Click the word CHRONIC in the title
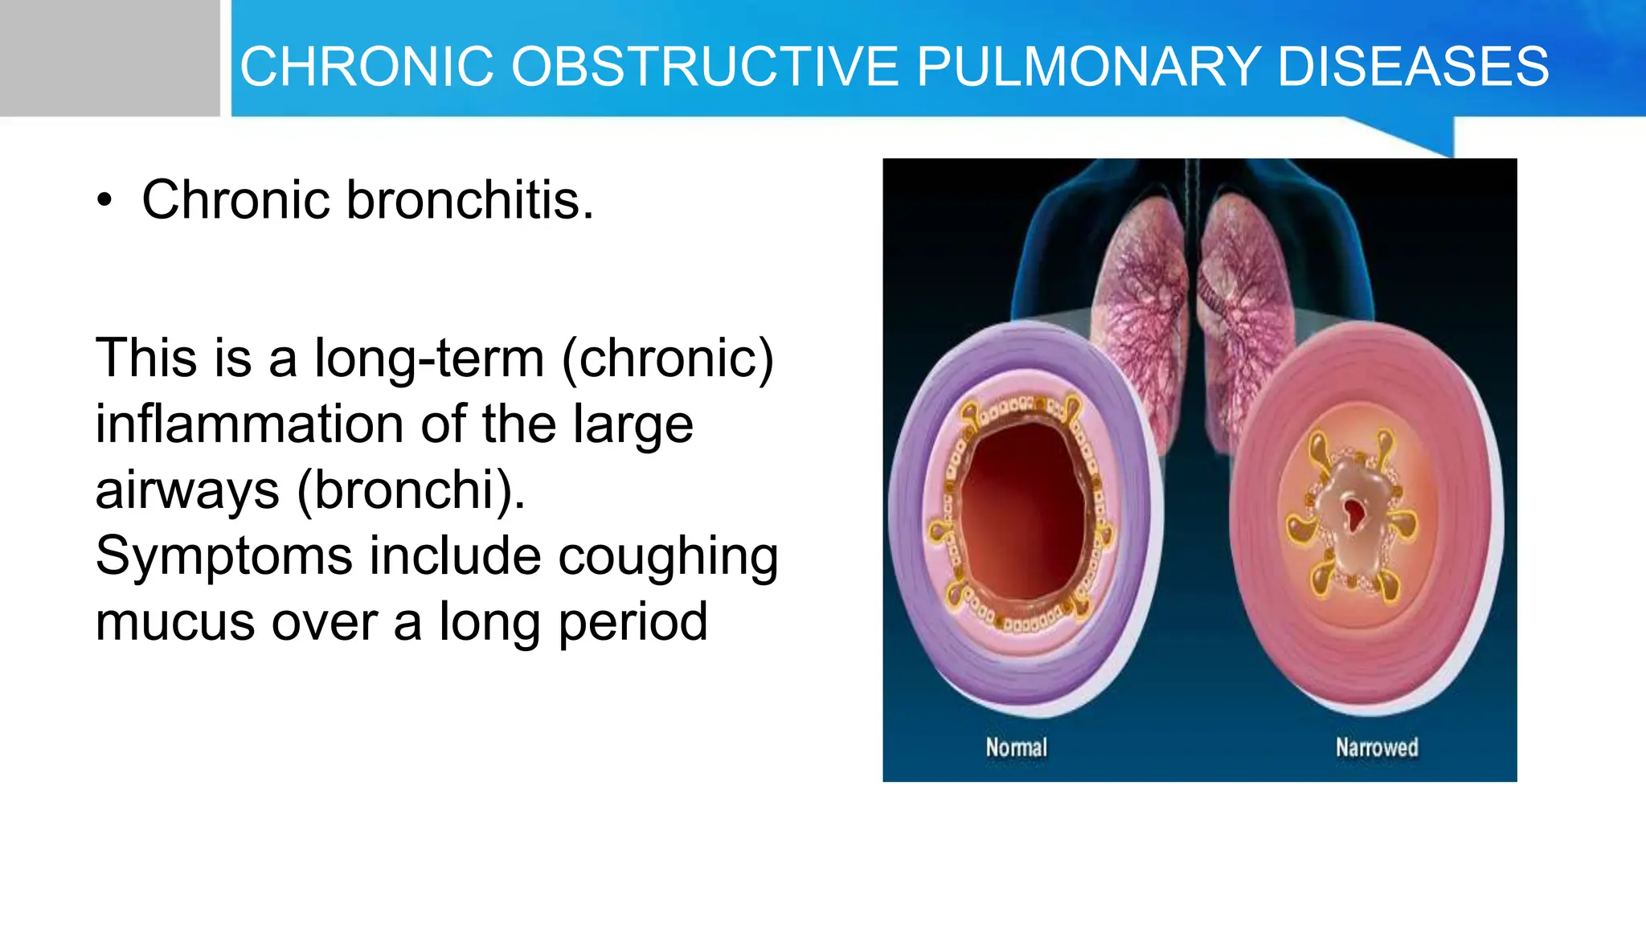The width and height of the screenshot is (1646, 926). tap(366, 66)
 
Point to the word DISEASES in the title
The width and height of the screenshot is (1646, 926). tap(1413, 66)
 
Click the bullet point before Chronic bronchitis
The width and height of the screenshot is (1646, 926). tap(104, 201)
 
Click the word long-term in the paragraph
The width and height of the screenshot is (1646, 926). tap(429, 359)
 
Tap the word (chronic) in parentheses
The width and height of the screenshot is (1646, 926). tap(668, 359)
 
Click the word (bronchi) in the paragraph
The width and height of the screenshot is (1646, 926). tap(411, 490)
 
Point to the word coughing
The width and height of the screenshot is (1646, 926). tap(668, 556)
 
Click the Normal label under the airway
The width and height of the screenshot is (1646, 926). tap(1016, 748)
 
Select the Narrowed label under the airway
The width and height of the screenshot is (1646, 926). tap(1377, 748)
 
